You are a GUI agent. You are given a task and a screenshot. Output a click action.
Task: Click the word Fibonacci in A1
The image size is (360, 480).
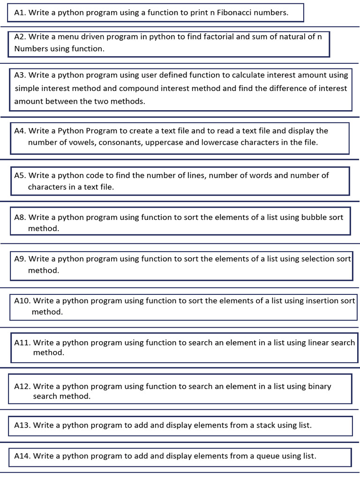[x=234, y=13]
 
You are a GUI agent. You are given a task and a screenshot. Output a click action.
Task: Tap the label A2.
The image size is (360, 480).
[x=20, y=37]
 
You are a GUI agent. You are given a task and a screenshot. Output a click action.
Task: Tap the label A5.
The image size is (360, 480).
[x=20, y=175]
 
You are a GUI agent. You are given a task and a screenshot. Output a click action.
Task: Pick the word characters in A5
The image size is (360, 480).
[x=45, y=187]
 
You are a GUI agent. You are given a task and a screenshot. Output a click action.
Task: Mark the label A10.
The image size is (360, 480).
[x=22, y=300]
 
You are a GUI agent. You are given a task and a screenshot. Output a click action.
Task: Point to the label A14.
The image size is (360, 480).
[x=22, y=456]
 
